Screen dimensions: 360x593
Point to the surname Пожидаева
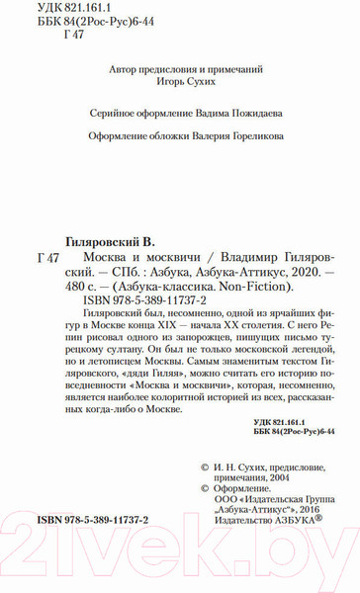point(238,113)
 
